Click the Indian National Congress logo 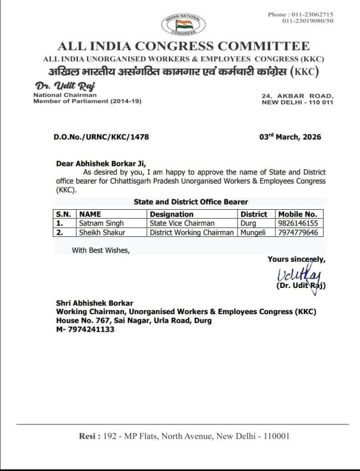(184, 24)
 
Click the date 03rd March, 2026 (290, 137)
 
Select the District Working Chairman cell (192, 232)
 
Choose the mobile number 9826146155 (298, 224)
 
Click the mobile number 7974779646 (298, 232)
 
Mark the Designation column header (172, 214)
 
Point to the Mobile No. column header (297, 214)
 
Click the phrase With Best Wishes (101, 250)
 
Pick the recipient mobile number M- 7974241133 (85, 329)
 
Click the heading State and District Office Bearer (191, 202)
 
